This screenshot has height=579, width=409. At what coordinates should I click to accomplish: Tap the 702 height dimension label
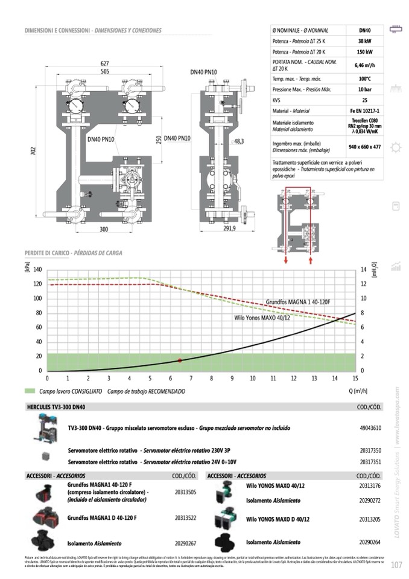pyautogui.click(x=34, y=153)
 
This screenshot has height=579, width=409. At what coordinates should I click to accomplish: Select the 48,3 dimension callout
pyautogui.click(x=239, y=141)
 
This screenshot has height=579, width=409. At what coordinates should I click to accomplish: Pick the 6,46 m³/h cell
pyautogui.click(x=364, y=66)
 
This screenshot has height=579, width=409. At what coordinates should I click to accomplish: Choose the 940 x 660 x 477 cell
pyautogui.click(x=364, y=147)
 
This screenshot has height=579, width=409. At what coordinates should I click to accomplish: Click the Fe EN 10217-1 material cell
pyautogui.click(x=364, y=111)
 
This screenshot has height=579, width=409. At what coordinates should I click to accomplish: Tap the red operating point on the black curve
pyautogui.click(x=180, y=360)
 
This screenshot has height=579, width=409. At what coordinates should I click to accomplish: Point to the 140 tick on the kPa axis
pyautogui.click(x=37, y=269)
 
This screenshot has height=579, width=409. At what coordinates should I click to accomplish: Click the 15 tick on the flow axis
pyautogui.click(x=355, y=379)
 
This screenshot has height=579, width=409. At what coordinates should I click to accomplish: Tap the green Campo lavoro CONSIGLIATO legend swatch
pyautogui.click(x=30, y=391)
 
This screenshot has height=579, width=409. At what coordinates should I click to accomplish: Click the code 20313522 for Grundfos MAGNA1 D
pyautogui.click(x=186, y=518)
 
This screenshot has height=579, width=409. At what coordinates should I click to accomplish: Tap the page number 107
pyautogui.click(x=396, y=565)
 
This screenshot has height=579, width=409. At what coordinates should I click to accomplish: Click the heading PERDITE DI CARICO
pyautogui.click(x=45, y=252)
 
